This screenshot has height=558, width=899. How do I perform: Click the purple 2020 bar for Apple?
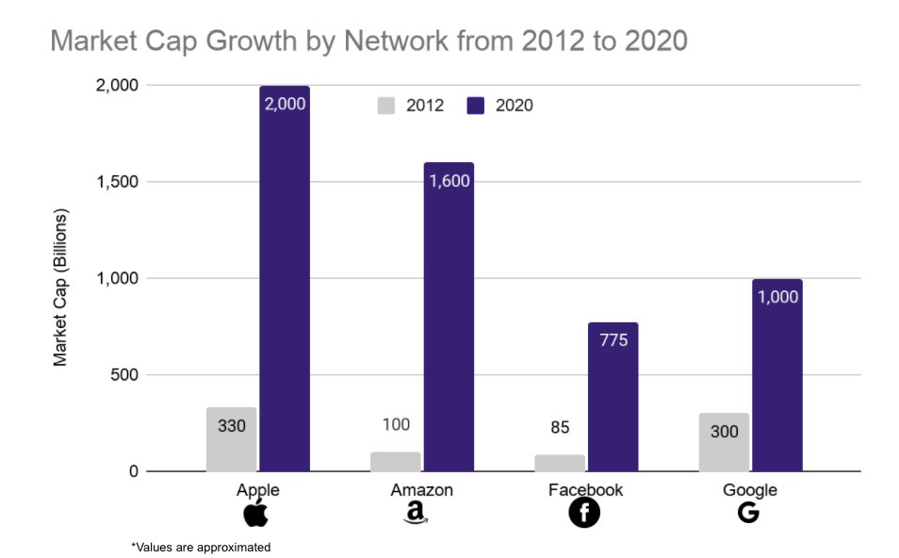[285, 283]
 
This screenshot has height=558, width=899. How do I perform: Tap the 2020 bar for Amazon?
[449, 320]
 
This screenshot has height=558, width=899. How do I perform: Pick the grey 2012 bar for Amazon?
[396, 462]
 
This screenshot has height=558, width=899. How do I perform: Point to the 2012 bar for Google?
[724, 442]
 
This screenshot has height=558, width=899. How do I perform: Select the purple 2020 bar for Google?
[777, 377]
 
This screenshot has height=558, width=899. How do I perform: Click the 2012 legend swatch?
[385, 106]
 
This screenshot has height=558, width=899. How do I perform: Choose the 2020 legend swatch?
[475, 106]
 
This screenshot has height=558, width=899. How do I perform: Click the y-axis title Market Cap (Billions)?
[60, 287]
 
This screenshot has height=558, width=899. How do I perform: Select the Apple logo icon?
[256, 514]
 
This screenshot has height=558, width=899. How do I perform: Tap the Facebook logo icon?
[584, 514]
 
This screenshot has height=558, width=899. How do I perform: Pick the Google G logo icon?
[749, 514]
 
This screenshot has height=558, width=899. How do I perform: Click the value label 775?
[613, 340]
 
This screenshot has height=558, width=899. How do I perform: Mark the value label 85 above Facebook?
[560, 427]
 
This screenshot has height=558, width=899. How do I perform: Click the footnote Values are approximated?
[200, 547]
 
